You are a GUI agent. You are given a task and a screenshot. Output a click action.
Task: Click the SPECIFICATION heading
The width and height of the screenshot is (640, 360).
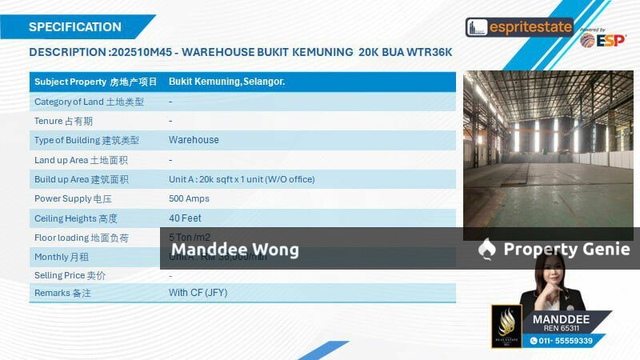click(75, 26)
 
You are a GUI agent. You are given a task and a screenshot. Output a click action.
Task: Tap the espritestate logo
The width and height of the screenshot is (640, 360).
click(519, 27)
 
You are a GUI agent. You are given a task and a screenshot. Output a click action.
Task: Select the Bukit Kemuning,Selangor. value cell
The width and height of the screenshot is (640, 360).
click(227, 82)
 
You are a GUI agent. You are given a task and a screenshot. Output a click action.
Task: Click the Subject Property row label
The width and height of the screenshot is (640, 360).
click(95, 82)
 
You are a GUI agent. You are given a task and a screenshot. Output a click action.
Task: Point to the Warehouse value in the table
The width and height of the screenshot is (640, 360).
click(194, 140)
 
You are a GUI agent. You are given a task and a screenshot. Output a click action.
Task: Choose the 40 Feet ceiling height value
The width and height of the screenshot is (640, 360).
click(185, 218)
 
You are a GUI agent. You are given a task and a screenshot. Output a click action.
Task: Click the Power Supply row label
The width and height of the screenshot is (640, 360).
click(73, 198)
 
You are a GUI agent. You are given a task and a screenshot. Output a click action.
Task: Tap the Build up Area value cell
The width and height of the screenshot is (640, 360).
click(242, 179)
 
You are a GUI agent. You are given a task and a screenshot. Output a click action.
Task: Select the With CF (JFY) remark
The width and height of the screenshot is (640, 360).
click(198, 293)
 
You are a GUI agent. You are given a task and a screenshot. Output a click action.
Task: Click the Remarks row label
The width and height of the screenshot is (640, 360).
click(62, 294)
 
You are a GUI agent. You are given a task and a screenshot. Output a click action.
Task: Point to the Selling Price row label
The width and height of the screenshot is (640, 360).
click(70, 275)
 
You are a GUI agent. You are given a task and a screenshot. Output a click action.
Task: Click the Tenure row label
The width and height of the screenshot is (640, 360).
click(63, 121)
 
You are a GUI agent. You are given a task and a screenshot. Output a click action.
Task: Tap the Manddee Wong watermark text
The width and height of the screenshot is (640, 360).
click(235, 250)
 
